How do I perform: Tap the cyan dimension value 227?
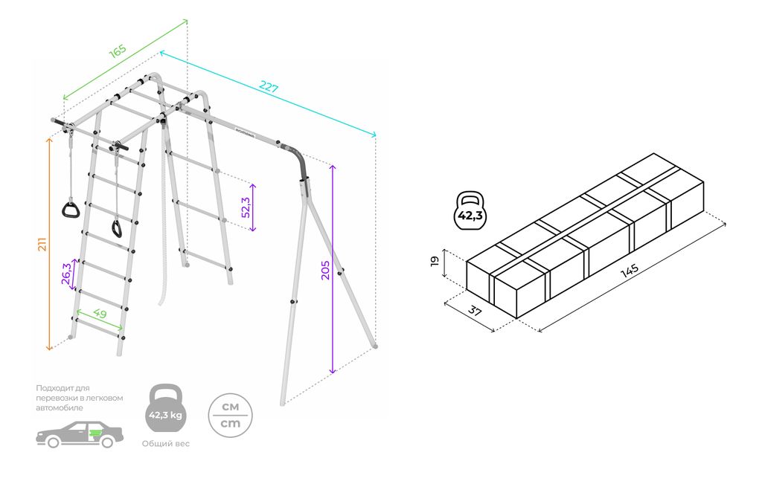click(269, 87)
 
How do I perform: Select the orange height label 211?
click(42, 243)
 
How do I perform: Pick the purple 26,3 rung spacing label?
click(66, 274)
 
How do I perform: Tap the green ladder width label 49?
click(100, 314)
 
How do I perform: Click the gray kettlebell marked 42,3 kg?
click(165, 410)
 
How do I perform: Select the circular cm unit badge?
click(230, 415)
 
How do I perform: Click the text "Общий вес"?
click(165, 444)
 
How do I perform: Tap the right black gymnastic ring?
click(118, 227)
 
